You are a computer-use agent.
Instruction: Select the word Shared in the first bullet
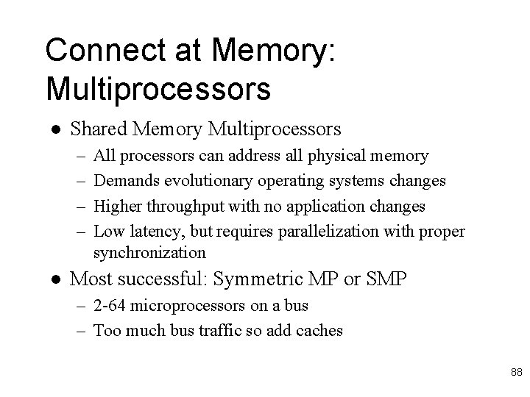(98, 130)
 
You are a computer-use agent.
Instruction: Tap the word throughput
(177, 207)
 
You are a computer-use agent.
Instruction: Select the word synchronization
(149, 252)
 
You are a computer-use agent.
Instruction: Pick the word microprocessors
(191, 305)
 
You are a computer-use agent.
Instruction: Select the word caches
(317, 330)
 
